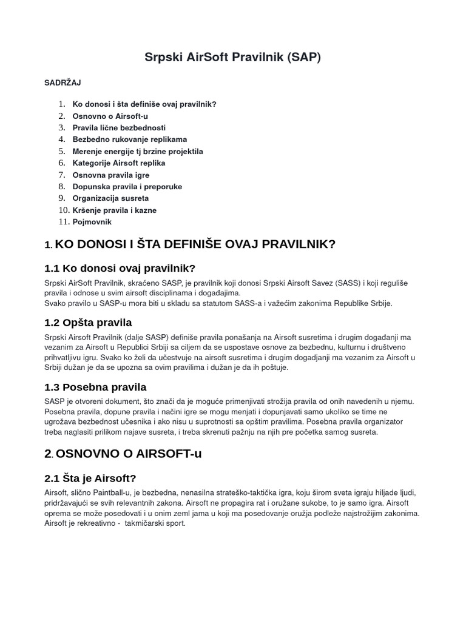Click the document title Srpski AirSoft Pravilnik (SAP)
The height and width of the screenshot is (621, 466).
click(232, 58)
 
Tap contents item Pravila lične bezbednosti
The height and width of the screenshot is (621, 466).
click(119, 128)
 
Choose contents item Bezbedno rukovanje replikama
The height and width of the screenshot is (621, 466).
click(130, 139)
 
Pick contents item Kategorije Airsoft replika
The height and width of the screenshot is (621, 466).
click(119, 163)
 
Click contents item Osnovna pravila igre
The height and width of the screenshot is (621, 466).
click(111, 175)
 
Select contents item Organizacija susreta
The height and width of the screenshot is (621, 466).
click(110, 198)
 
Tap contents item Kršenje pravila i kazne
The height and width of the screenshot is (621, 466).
click(115, 210)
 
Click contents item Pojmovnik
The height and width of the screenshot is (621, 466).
click(92, 222)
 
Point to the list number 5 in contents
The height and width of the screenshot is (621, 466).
click(61, 152)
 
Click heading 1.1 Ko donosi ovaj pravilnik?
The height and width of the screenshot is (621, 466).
click(120, 268)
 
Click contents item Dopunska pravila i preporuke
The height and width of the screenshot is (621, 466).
click(127, 187)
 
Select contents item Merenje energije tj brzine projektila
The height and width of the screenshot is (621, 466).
click(138, 152)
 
